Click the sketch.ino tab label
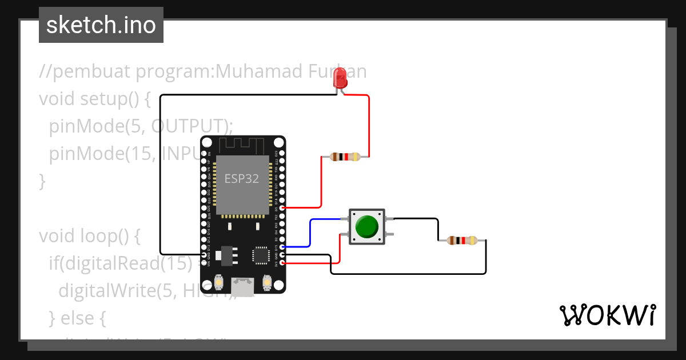click(101, 25)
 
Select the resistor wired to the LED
click(345, 157)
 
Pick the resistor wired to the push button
click(462, 241)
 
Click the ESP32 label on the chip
click(241, 178)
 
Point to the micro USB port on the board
click(243, 286)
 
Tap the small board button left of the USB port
click(219, 282)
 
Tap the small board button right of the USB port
click(266, 282)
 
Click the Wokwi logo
click(607, 315)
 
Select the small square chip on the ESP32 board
click(261, 255)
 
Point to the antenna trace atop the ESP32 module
click(242, 145)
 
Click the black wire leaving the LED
click(161, 171)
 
